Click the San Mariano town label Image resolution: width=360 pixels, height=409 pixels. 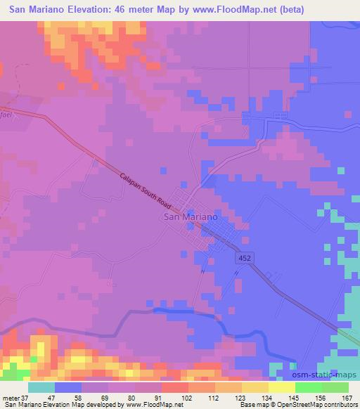(190, 217)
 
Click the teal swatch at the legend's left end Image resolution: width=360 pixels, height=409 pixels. (41, 387)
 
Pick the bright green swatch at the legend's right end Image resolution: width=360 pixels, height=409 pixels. (335, 387)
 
